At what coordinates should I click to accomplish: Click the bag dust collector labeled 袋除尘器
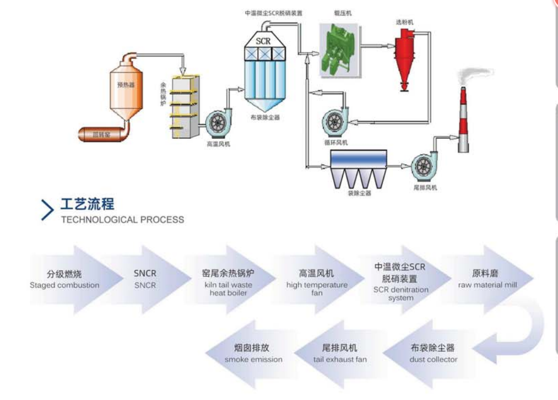click(x=359, y=167)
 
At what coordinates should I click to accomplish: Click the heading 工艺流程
click(x=87, y=204)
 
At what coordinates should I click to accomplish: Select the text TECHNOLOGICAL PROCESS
click(x=123, y=219)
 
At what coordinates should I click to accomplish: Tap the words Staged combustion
click(x=65, y=285)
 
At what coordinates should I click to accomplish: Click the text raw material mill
click(x=488, y=285)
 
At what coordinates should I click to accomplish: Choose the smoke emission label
click(x=253, y=359)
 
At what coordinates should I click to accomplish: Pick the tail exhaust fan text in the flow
click(x=340, y=359)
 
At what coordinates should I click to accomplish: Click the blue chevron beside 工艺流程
click(x=48, y=210)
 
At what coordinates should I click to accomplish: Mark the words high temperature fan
click(x=317, y=289)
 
